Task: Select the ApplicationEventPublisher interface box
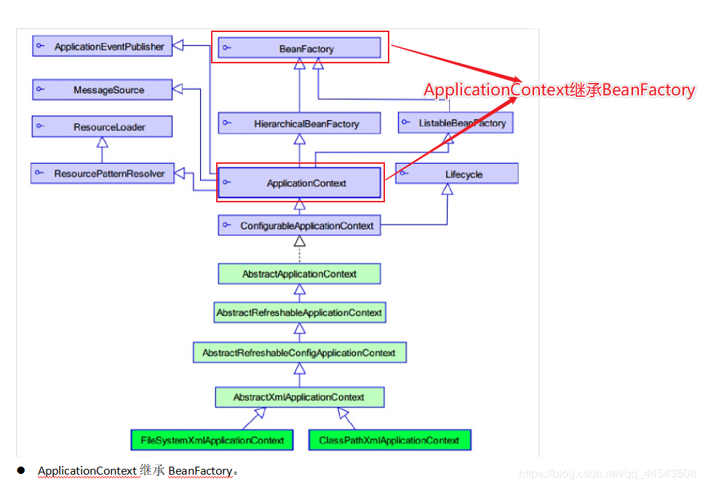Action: pyautogui.click(x=101, y=46)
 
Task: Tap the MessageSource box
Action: pyautogui.click(x=101, y=90)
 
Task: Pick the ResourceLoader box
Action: pyautogui.click(x=102, y=127)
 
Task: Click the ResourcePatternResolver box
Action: pyautogui.click(x=103, y=173)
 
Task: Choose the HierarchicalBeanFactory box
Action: pyautogui.click(x=299, y=123)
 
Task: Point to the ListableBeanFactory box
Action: pyautogui.click(x=456, y=122)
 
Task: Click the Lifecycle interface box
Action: pyautogui.click(x=457, y=174)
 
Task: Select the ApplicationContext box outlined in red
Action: pyautogui.click(x=300, y=183)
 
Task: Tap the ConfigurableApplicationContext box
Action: pyautogui.click(x=299, y=225)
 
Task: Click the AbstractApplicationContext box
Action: pyautogui.click(x=299, y=274)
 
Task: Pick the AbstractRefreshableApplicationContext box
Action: pyautogui.click(x=299, y=312)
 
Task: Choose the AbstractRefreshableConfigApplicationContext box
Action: pyautogui.click(x=299, y=352)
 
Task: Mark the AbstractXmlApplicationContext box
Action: pyautogui.click(x=299, y=397)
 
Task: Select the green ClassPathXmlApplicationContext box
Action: pyautogui.click(x=389, y=440)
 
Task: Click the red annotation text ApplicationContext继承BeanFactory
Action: pyautogui.click(x=559, y=90)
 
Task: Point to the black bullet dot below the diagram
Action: pyautogui.click(x=21, y=470)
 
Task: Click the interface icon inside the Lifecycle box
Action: pyautogui.click(x=403, y=174)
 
